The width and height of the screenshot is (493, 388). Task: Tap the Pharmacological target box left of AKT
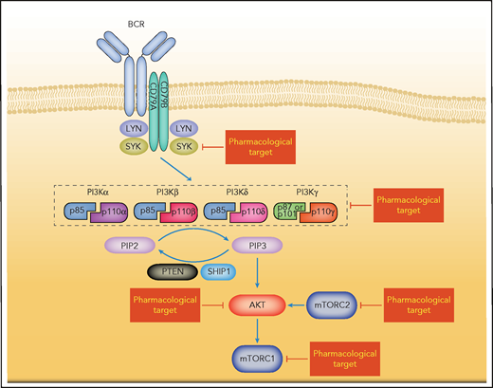point(157,306)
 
